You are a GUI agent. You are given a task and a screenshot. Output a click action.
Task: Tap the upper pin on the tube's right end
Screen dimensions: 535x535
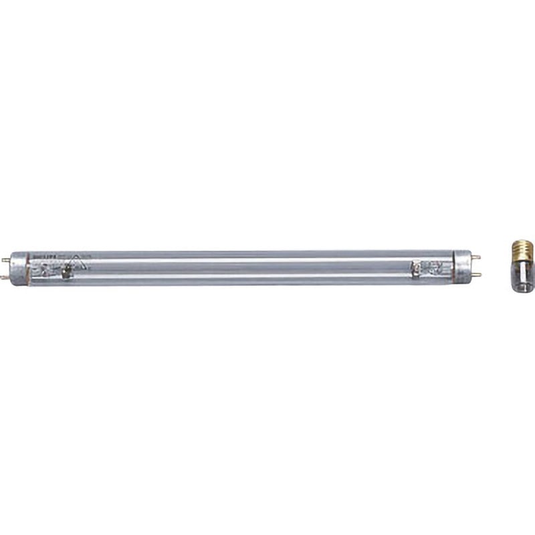click(x=476, y=257)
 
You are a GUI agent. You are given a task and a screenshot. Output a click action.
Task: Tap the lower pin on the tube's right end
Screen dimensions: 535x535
click(x=477, y=275)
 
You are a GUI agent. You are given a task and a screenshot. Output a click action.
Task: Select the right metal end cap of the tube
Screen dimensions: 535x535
click(x=463, y=266)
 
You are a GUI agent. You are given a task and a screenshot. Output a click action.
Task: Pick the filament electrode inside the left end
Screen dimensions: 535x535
click(x=66, y=272)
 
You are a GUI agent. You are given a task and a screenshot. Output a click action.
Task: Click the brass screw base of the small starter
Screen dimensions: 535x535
click(x=523, y=251)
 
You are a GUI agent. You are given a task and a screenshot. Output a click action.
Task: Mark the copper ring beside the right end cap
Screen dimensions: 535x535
click(x=454, y=266)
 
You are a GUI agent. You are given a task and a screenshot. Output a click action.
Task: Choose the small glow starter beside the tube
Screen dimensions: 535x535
click(x=523, y=267)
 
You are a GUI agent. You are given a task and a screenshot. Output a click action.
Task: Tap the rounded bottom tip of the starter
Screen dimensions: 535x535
click(x=523, y=290)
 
